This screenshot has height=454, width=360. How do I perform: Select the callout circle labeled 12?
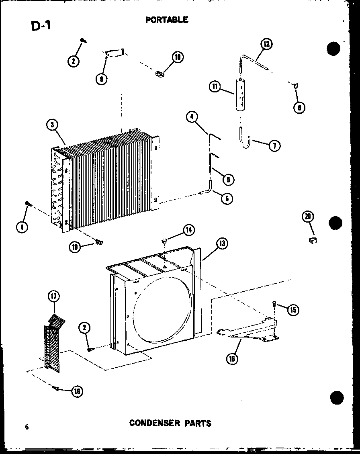pyautogui.click(x=266, y=44)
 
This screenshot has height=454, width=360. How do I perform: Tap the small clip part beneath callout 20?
pyautogui.click(x=312, y=241)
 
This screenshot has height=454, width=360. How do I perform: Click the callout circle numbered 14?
pyautogui.click(x=188, y=230)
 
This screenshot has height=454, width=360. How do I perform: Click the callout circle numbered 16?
pyautogui.click(x=231, y=358)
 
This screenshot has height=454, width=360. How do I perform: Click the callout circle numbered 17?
pyautogui.click(x=53, y=297)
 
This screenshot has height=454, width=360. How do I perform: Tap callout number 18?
pyautogui.click(x=74, y=391)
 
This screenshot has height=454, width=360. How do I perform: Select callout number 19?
pyautogui.click(x=75, y=247)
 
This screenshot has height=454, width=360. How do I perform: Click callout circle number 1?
pyautogui.click(x=22, y=227)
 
